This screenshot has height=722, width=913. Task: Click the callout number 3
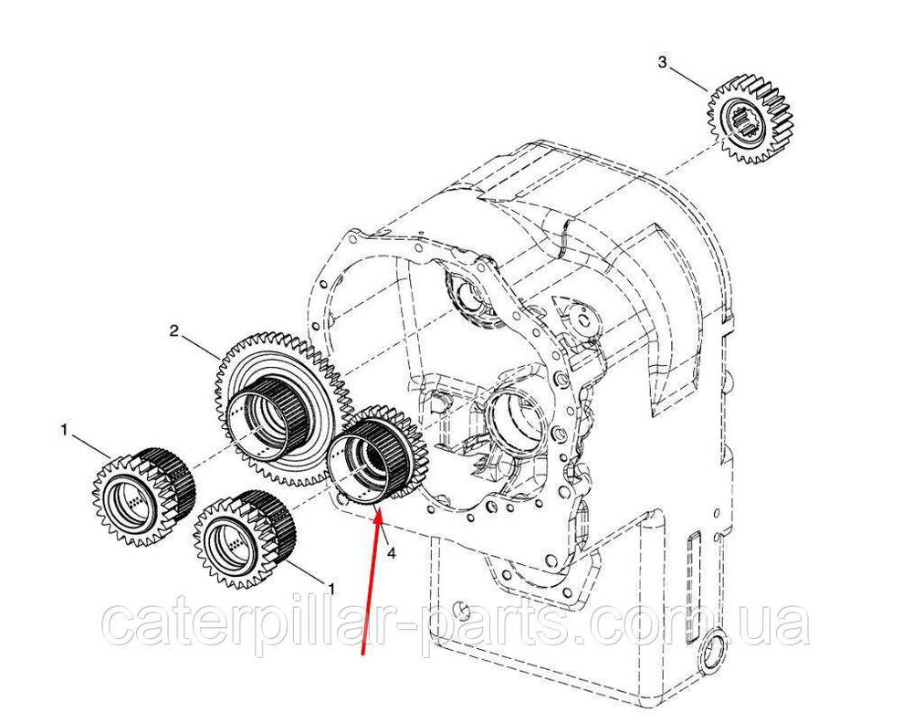(x=662, y=62)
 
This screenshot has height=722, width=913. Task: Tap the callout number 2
(x=173, y=331)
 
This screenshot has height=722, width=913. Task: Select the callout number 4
(x=391, y=554)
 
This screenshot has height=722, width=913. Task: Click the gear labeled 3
(x=750, y=116)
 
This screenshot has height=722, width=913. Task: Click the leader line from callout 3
(x=688, y=79)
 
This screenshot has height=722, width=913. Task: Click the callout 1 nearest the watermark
(x=331, y=589)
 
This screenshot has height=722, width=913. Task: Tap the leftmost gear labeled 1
(x=143, y=496)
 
